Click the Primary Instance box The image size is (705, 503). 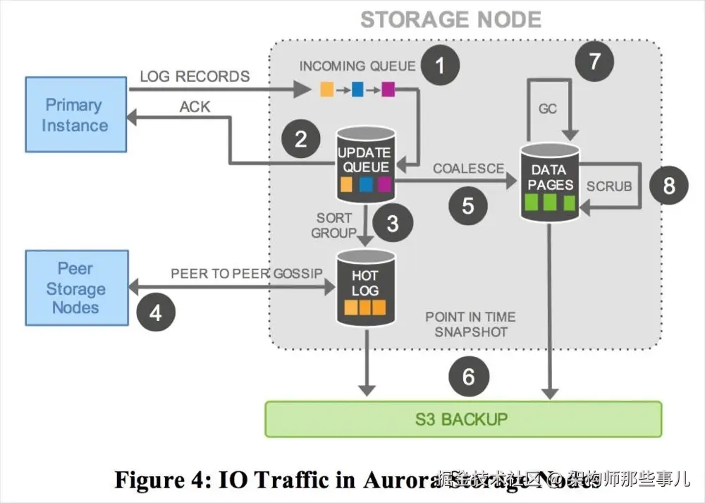(x=75, y=115)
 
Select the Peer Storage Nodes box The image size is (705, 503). (x=76, y=288)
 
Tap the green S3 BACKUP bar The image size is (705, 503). (x=462, y=419)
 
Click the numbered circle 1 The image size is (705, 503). (x=441, y=67)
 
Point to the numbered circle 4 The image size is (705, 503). (x=156, y=312)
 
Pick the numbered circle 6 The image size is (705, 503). (x=468, y=377)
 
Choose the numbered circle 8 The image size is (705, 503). (x=668, y=185)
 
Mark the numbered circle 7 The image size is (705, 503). (x=594, y=61)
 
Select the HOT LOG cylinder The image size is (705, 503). (x=364, y=286)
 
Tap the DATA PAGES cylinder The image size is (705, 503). (x=548, y=183)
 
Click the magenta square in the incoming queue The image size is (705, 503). (x=388, y=90)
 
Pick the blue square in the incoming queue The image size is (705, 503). (x=357, y=90)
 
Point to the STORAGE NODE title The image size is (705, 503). (x=450, y=19)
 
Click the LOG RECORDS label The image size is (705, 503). (x=195, y=76)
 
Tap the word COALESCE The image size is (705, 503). (x=468, y=169)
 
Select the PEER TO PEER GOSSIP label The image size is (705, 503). (x=246, y=273)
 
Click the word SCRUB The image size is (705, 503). (x=609, y=186)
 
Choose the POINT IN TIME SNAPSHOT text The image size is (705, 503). (x=470, y=324)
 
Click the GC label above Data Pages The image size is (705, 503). (x=548, y=109)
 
